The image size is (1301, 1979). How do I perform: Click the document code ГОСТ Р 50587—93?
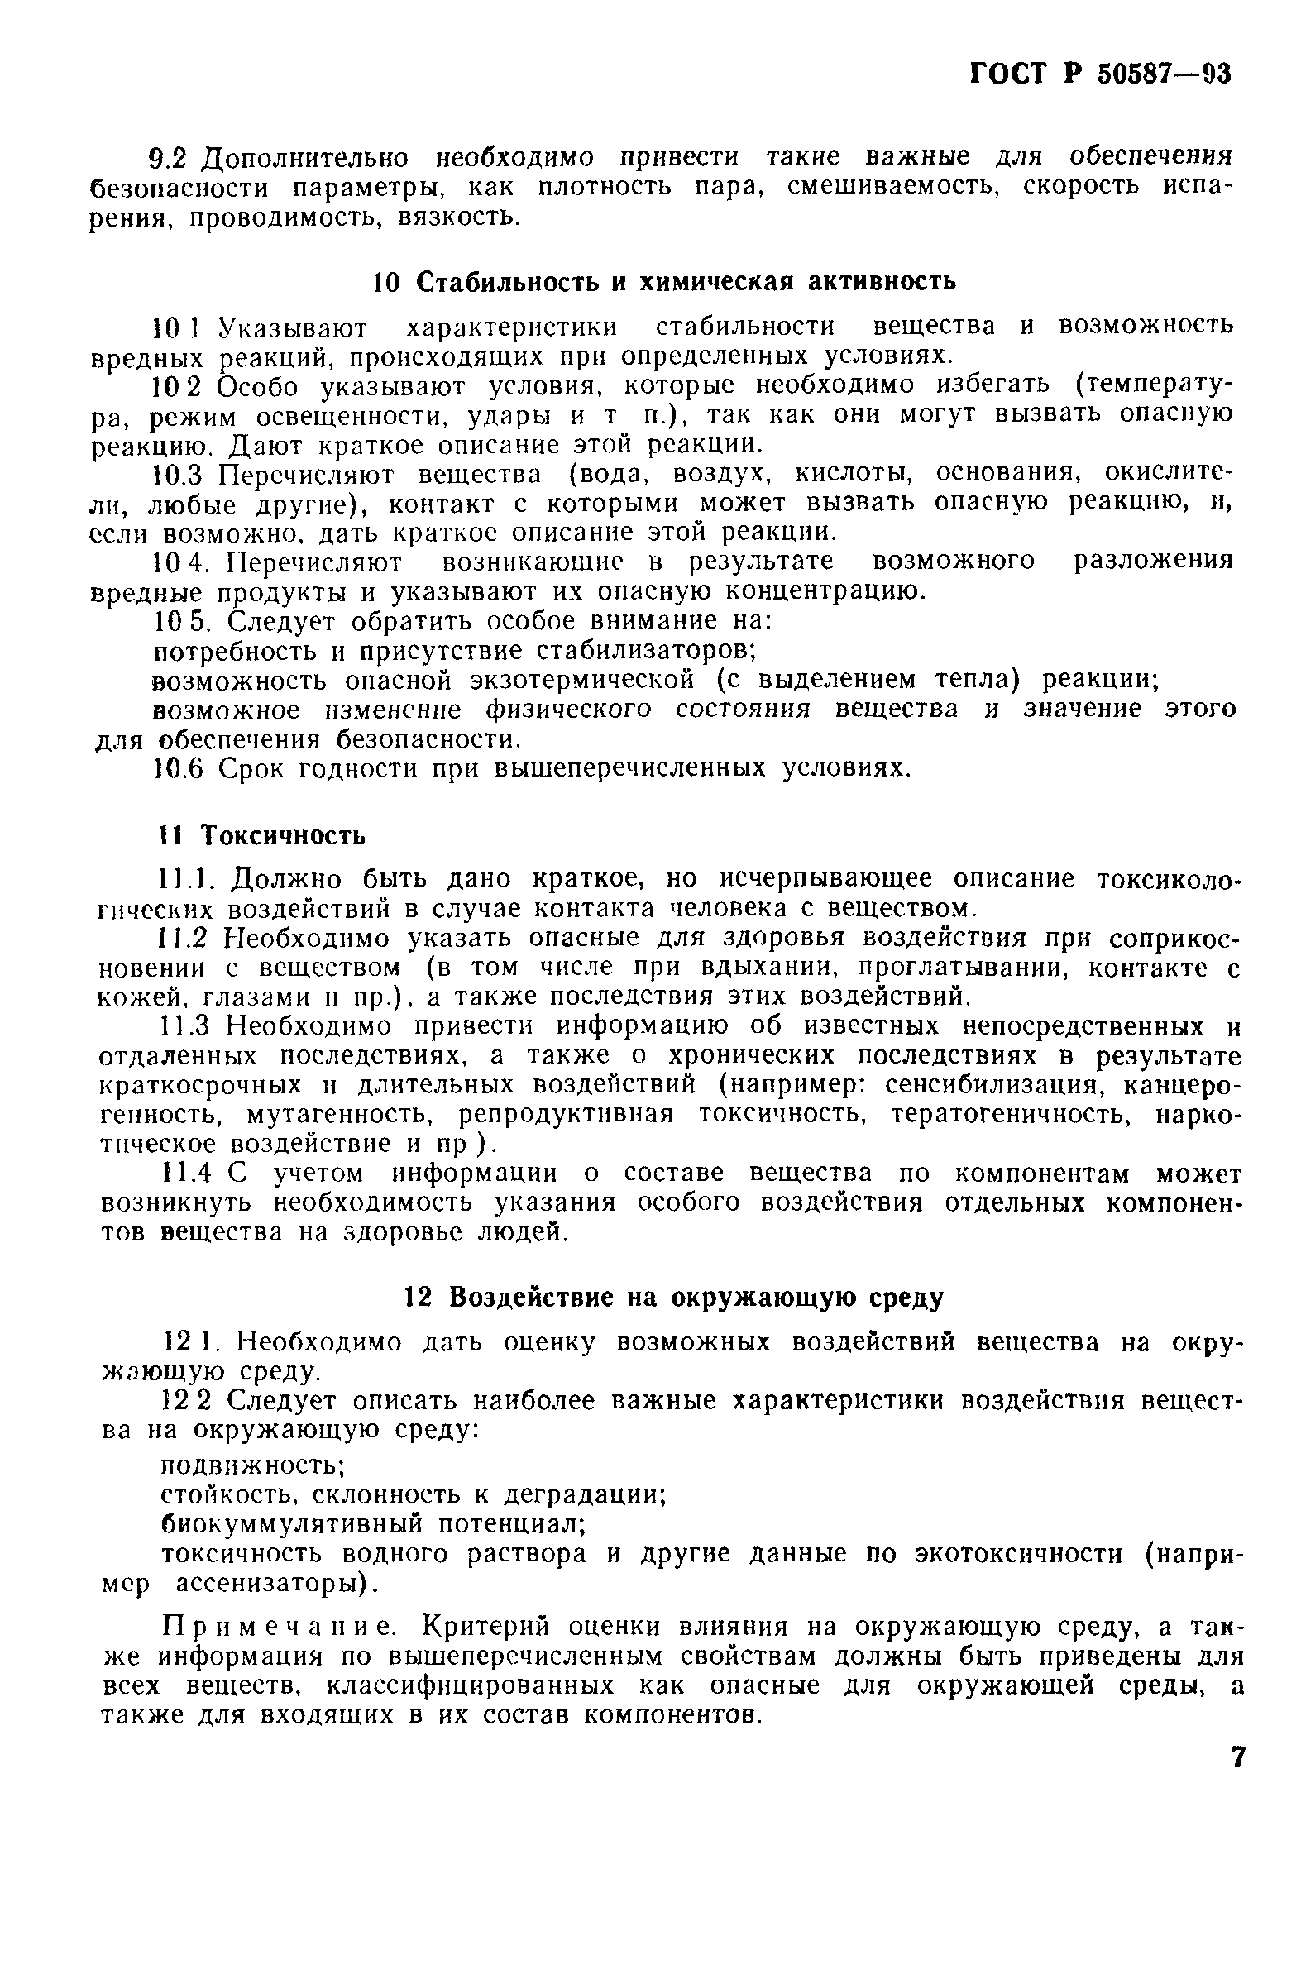point(1100,74)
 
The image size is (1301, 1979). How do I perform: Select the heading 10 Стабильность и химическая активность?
point(663,282)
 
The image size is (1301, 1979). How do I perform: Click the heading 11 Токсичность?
point(262,834)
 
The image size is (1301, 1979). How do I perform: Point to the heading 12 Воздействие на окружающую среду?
point(674,1298)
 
